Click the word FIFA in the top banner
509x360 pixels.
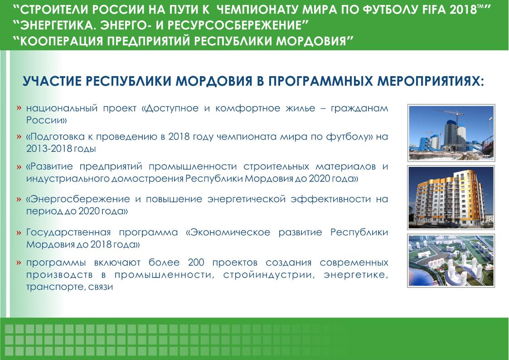coord(435,10)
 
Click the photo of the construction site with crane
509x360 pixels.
coord(451,133)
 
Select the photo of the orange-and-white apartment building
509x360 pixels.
coord(451,197)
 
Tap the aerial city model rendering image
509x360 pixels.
coord(451,261)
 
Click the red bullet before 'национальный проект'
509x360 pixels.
coord(19,108)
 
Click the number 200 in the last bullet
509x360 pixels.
coord(196,262)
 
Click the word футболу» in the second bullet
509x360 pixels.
coord(349,137)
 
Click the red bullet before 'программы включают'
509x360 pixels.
coord(19,263)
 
